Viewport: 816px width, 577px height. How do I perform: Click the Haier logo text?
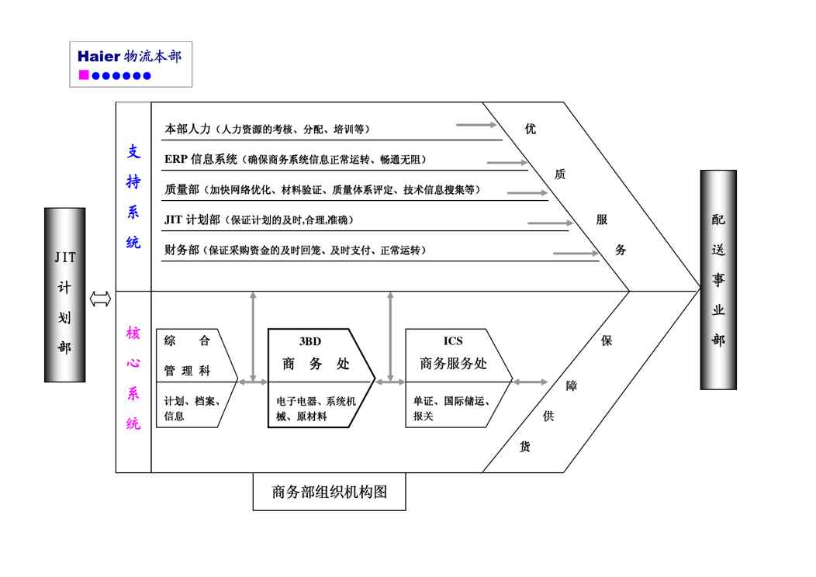point(99,57)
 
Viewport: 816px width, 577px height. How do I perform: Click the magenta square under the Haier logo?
point(84,75)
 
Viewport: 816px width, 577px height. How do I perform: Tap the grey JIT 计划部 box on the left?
point(64,295)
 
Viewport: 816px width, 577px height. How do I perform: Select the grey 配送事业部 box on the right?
point(718,279)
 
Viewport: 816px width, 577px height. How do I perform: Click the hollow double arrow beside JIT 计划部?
point(100,299)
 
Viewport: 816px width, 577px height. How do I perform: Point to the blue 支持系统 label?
point(133,197)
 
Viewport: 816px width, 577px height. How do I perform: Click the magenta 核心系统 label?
point(133,378)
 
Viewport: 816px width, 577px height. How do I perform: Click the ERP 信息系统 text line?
point(295,160)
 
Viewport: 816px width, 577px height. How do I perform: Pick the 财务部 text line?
point(295,250)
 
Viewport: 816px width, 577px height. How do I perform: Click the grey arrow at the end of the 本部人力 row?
point(475,124)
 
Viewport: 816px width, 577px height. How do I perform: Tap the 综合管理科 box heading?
point(187,355)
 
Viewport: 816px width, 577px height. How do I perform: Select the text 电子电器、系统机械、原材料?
point(316,409)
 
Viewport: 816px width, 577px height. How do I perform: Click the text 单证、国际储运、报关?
point(452,409)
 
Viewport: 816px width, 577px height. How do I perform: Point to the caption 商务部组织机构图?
point(329,492)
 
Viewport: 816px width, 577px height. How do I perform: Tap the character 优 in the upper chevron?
point(530,130)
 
